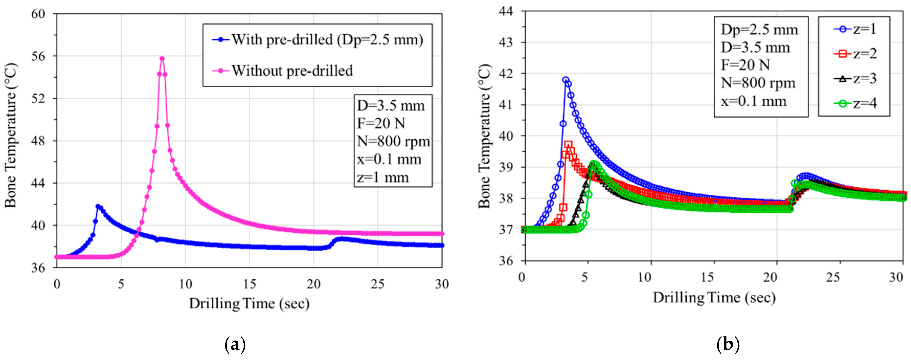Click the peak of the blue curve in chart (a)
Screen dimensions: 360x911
coord(98,206)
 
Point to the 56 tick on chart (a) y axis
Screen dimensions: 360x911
coord(39,56)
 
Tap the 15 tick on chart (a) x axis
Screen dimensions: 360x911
coord(249,284)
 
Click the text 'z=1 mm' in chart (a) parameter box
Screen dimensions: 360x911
coord(383,177)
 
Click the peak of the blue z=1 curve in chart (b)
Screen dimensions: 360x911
coord(566,80)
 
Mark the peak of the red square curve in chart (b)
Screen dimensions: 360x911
coord(568,144)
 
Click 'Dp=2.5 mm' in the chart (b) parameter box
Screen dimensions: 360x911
coord(759,30)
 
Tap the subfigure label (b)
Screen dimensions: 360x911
coord(728,344)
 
